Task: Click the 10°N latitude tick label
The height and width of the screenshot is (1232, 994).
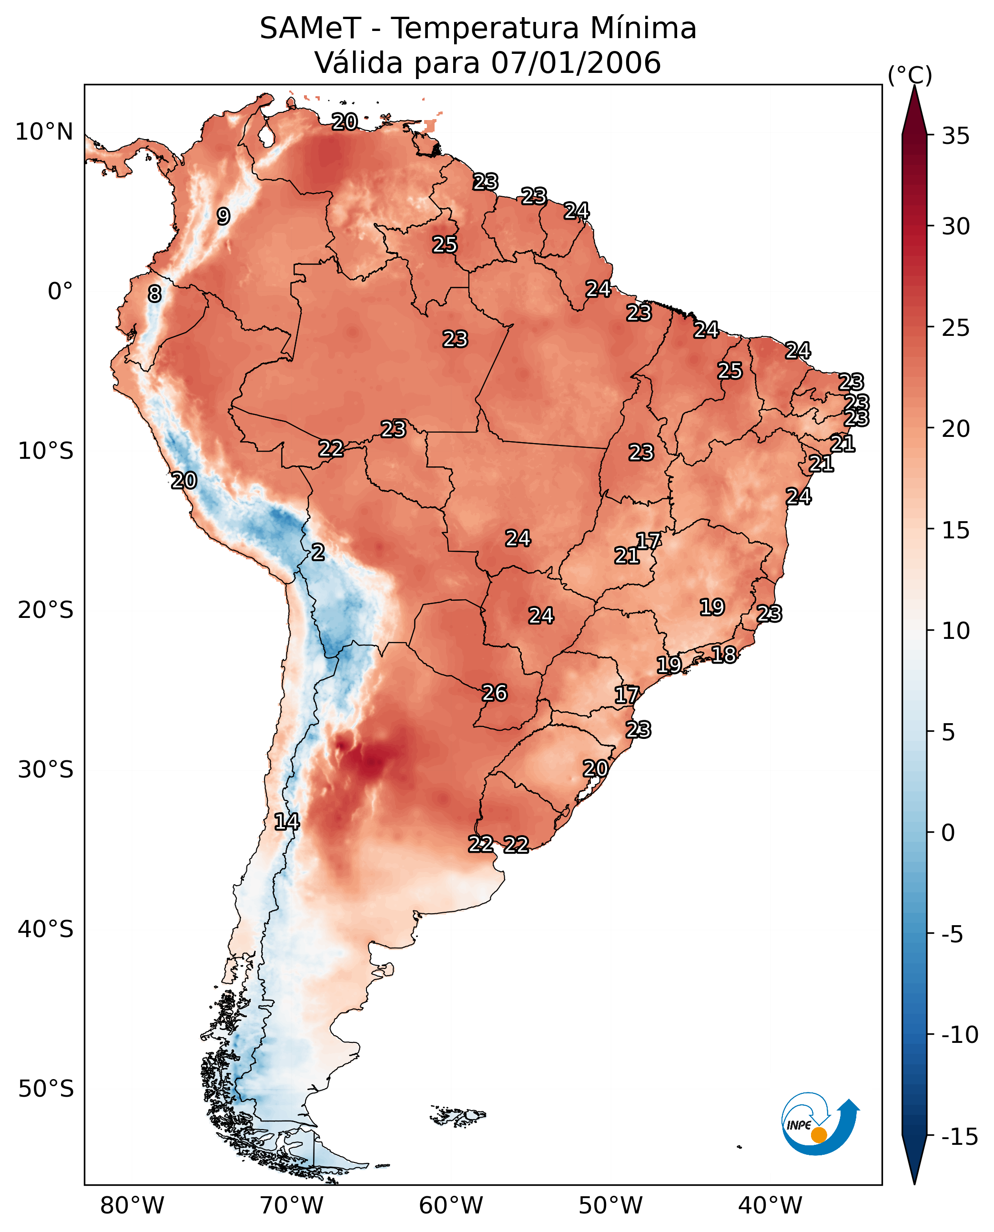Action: click(x=44, y=132)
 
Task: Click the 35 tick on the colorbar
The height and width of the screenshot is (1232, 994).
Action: click(x=955, y=136)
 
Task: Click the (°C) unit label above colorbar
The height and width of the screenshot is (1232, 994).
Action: click(x=910, y=75)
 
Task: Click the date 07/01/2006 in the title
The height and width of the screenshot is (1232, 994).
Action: click(x=576, y=62)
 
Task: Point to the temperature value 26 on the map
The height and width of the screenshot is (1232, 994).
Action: click(x=495, y=693)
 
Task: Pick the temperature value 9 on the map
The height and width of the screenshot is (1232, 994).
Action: click(x=223, y=216)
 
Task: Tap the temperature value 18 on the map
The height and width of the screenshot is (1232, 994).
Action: click(x=724, y=655)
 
